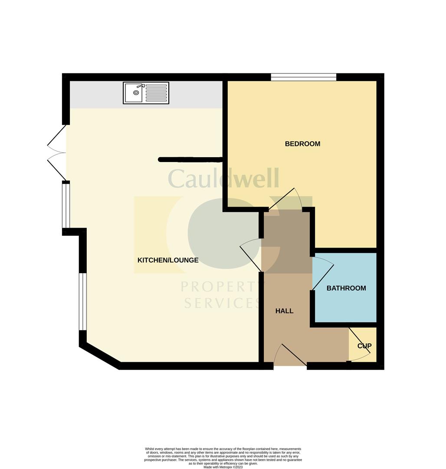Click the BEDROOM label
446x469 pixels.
coord(302,144)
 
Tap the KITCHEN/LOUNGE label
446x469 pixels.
coord(168,260)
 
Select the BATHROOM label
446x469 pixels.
coord(346,288)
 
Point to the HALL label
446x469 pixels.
coord(285,311)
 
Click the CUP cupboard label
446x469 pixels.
coord(364,346)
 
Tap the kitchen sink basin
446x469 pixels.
coord(134,92)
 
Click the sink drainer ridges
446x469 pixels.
coord(156,93)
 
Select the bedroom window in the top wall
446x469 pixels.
coord(304,77)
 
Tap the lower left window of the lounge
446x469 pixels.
coord(82,301)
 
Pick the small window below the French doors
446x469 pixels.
coord(66,205)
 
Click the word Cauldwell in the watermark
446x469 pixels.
coord(223,178)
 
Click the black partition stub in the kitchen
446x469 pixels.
coord(191,160)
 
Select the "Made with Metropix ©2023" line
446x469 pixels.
coord(223,467)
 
